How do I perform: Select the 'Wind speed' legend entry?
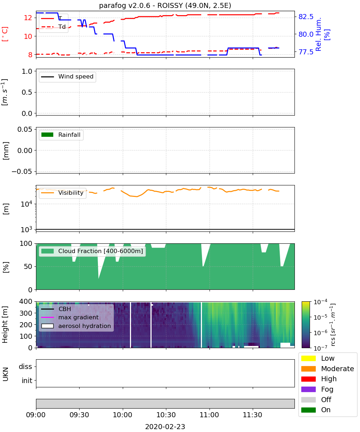tap(67, 77)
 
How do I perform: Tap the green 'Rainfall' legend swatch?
tap(48, 135)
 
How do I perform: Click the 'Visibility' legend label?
tap(71, 193)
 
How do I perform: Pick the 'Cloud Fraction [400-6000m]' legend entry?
tap(92, 251)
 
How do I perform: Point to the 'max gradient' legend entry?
tap(70, 317)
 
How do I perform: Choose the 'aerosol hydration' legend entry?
tap(76, 326)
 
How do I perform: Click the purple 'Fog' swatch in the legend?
tap(308, 389)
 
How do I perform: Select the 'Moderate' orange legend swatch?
tap(308, 369)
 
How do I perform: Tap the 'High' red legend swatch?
tap(308, 379)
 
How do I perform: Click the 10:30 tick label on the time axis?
tap(166, 415)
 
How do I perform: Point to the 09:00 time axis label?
tap(36, 415)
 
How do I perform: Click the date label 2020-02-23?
tap(165, 427)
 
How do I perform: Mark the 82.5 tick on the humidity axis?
tap(306, 17)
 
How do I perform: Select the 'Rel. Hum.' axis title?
tap(318, 34)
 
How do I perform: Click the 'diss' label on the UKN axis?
tap(26, 366)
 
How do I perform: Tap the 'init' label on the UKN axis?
tap(27, 381)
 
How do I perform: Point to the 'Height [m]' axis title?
tap(5, 324)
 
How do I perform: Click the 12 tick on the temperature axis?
tap(28, 18)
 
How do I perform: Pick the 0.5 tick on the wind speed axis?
tap(27, 92)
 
